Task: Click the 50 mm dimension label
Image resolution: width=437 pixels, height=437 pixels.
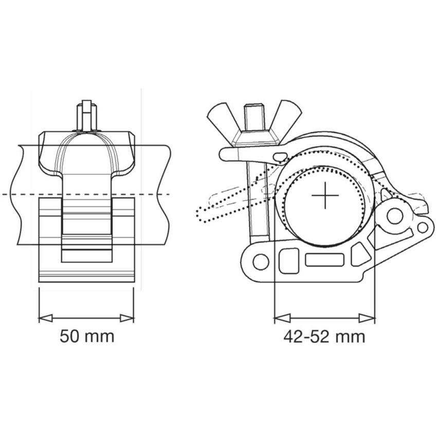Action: (87, 337)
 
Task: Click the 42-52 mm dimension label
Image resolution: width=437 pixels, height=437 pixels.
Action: (324, 337)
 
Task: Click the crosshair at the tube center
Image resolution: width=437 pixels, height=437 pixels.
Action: (325, 196)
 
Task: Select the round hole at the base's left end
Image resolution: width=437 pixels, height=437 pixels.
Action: (261, 262)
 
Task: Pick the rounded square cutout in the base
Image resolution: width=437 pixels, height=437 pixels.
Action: (289, 260)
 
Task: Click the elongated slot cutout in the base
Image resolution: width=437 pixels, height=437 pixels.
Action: (324, 260)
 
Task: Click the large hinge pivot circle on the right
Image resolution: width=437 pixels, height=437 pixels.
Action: (395, 216)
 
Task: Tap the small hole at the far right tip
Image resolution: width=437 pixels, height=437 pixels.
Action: (422, 227)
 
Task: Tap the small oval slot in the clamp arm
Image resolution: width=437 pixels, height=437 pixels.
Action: (280, 156)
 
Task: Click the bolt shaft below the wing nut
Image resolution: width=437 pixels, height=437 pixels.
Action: (255, 206)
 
